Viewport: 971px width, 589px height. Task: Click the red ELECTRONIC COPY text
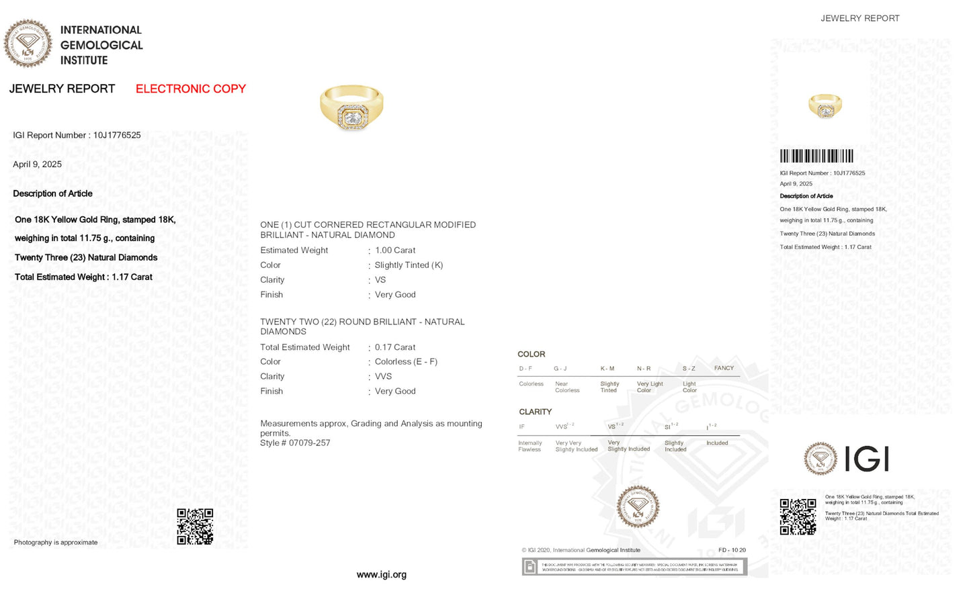pos(190,89)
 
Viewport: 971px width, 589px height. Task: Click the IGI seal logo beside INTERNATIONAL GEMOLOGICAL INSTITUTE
pos(28,43)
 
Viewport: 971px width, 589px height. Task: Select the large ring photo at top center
pos(351,107)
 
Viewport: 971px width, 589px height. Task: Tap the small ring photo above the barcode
pos(825,106)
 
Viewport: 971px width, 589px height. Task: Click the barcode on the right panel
pos(816,156)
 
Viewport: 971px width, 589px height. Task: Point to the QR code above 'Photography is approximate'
pos(195,526)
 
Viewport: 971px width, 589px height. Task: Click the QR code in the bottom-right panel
pos(798,516)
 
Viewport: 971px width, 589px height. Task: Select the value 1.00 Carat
pos(395,251)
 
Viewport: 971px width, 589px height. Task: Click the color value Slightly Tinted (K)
pos(409,265)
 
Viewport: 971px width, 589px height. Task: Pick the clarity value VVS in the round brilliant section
pos(383,377)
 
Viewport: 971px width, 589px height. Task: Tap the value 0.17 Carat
pos(395,347)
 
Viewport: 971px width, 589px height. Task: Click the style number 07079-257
pos(309,443)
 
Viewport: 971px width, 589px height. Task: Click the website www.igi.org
pos(381,575)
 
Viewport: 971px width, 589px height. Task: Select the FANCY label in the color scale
pos(724,368)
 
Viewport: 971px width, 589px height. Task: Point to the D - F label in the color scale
pos(525,369)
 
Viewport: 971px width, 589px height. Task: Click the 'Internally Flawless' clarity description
pos(530,446)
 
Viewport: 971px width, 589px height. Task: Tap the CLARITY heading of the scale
pos(535,412)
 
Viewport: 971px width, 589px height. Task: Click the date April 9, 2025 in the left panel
pos(37,165)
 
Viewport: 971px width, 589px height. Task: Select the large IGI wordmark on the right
pos(866,459)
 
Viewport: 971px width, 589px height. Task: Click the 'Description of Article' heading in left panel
pos(52,193)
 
